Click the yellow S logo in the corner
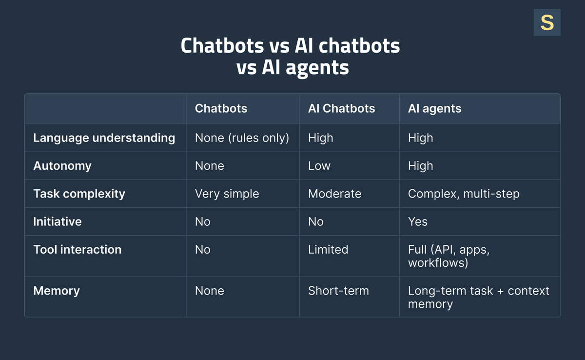coord(547,22)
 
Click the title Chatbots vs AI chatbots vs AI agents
coord(290,57)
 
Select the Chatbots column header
coord(221,108)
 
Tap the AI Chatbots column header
coord(341,108)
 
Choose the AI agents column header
coord(434,108)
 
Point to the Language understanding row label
coord(104,138)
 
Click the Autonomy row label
coord(62,166)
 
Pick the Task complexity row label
coord(79,194)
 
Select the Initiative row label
coord(58,221)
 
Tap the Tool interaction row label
coord(77,249)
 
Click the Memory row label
coord(57,291)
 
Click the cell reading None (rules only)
coord(242,138)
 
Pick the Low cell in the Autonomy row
coord(319,166)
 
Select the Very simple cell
coord(227,194)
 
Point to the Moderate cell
coord(334,194)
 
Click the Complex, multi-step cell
coord(464,194)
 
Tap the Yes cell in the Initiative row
coord(418,221)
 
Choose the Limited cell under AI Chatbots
coord(328,249)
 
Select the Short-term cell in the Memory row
coord(338,291)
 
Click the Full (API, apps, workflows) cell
coord(448,256)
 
